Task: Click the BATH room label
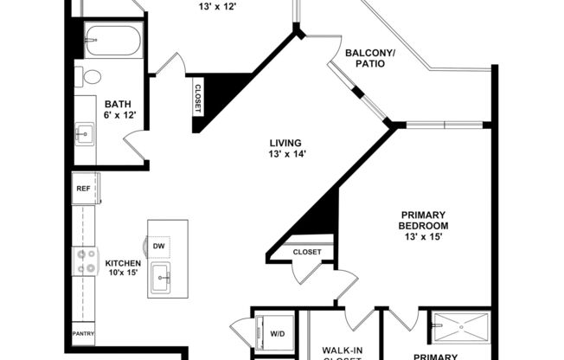118,101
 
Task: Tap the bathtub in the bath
112,41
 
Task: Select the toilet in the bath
91,76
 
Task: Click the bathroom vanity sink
85,133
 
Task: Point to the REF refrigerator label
83,188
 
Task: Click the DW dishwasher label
159,247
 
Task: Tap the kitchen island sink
162,279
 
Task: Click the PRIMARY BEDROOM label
423,221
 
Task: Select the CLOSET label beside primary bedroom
306,252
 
